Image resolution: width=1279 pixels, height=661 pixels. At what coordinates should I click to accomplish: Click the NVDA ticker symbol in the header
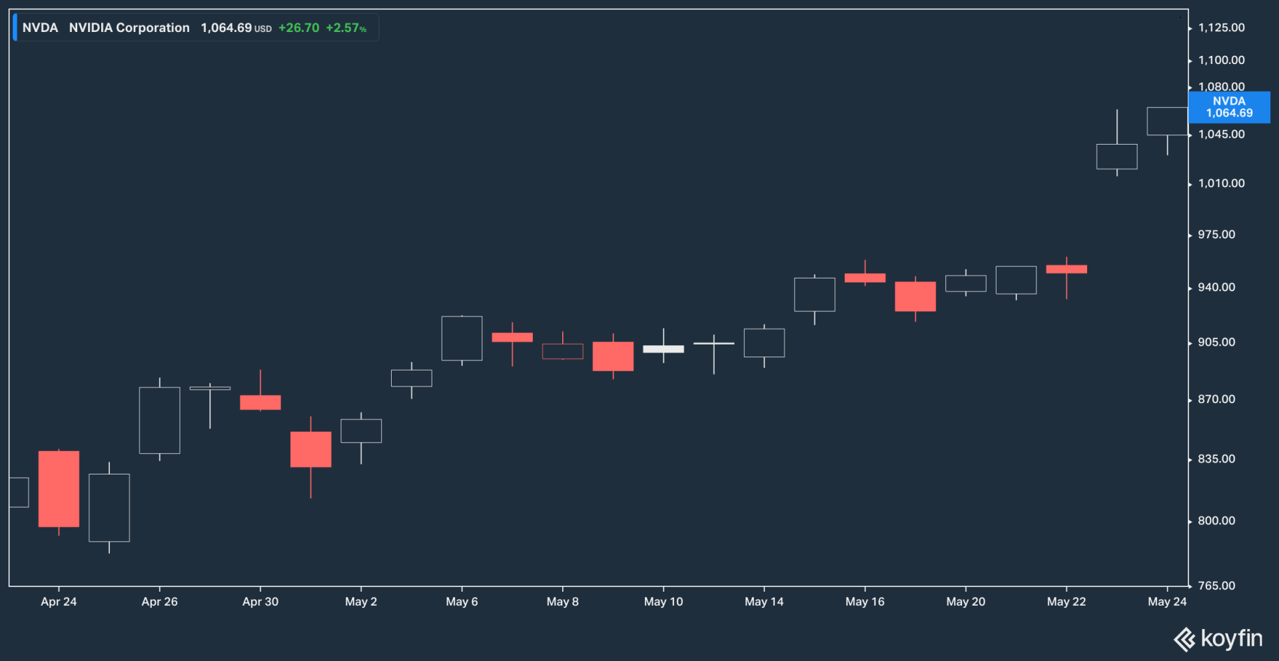click(40, 28)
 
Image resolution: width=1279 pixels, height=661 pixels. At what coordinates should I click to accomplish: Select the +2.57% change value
click(346, 28)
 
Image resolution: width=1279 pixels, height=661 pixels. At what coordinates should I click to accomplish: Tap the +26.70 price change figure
click(298, 28)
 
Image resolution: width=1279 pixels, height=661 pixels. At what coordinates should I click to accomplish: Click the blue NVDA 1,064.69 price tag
click(1229, 107)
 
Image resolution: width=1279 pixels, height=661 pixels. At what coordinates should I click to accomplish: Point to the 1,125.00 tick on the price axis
click(1221, 28)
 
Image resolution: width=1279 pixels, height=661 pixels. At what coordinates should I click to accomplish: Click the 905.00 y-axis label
click(1216, 342)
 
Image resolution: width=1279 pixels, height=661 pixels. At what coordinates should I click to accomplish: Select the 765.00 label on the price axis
click(1216, 586)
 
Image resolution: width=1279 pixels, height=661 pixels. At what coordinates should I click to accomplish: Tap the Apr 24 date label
click(59, 602)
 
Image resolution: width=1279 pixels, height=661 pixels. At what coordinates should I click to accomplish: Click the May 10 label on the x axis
click(663, 602)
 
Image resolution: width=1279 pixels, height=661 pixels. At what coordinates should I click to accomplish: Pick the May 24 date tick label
click(1167, 602)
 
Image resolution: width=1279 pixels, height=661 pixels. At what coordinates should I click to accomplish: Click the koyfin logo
click(1218, 639)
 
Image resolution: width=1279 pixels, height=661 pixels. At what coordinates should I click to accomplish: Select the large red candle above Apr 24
click(59, 489)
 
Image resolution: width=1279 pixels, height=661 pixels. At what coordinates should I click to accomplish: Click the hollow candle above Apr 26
click(160, 420)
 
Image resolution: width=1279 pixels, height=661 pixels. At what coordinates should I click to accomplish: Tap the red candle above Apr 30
click(260, 402)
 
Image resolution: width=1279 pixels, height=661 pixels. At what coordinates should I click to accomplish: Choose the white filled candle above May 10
click(663, 349)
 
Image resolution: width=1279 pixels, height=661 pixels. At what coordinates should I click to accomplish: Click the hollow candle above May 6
click(462, 338)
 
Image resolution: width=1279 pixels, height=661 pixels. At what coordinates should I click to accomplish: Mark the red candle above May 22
click(1066, 269)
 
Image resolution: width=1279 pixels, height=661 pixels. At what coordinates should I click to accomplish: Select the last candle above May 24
click(1167, 121)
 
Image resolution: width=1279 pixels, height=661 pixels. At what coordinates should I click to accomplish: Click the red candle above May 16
click(865, 278)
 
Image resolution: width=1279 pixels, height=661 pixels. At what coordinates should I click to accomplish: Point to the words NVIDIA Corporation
click(129, 28)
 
